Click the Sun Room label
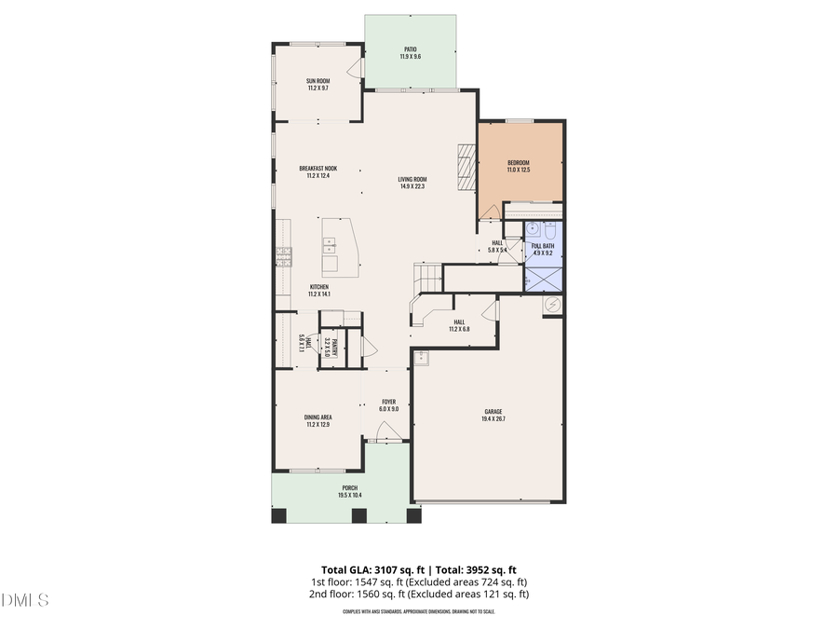click(x=318, y=81)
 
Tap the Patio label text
click(x=411, y=49)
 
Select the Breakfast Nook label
click(x=318, y=169)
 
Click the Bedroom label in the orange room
click(x=519, y=162)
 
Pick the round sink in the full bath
click(x=533, y=229)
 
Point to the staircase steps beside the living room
click(x=427, y=276)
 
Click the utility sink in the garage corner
click(x=420, y=356)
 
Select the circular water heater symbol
click(x=552, y=304)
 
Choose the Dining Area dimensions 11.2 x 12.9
click(x=318, y=425)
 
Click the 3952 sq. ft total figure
click(x=496, y=568)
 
